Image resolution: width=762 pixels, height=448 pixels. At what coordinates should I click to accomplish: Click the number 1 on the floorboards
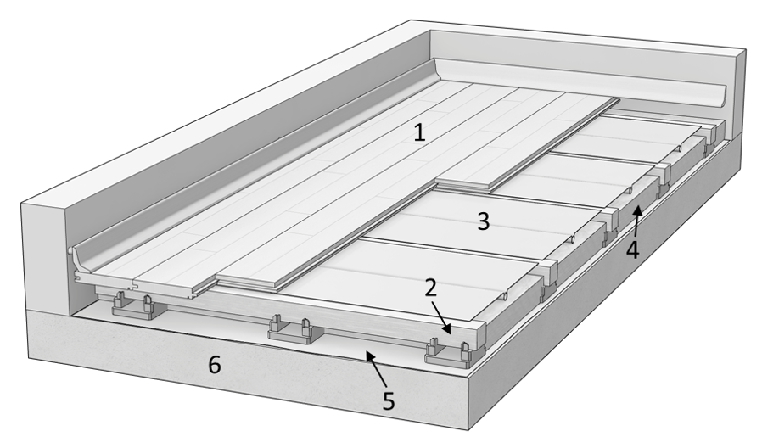pyautogui.click(x=419, y=132)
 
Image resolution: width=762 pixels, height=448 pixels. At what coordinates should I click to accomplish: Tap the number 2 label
pyautogui.click(x=430, y=288)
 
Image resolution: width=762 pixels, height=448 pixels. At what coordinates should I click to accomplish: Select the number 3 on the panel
pyautogui.click(x=483, y=221)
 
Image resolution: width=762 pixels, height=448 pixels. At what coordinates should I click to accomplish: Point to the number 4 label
pyautogui.click(x=632, y=250)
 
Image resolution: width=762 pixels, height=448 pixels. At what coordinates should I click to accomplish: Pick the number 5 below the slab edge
pyautogui.click(x=389, y=400)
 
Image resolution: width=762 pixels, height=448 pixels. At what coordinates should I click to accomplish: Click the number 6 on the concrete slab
pyautogui.click(x=215, y=365)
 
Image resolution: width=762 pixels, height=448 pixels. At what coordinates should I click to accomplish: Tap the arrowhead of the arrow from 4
pyautogui.click(x=637, y=211)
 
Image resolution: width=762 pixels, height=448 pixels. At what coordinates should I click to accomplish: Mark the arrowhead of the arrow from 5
pyautogui.click(x=370, y=356)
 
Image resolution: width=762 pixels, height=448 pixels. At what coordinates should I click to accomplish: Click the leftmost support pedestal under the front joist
pyautogui.click(x=133, y=306)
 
